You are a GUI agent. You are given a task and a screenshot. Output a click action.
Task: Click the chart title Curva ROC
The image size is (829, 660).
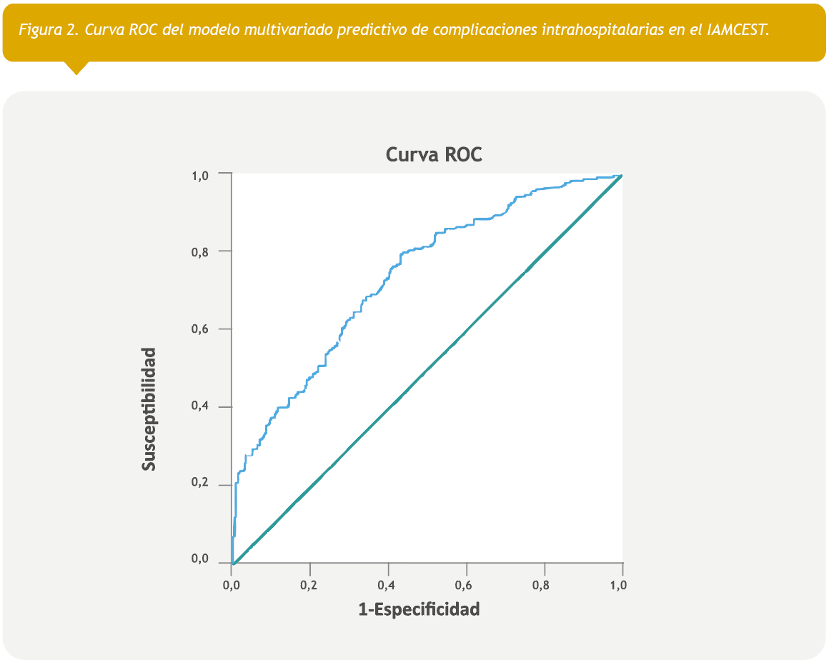point(434,154)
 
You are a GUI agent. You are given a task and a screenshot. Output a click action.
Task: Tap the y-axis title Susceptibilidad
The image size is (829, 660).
point(149,409)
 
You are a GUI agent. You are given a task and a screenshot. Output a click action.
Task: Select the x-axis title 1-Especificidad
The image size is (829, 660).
point(419,609)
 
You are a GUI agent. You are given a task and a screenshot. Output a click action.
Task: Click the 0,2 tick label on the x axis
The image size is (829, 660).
point(309,585)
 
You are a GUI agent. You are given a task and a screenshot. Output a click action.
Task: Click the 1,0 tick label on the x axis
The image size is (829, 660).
point(619,585)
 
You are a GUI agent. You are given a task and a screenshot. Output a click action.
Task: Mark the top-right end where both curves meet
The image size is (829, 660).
point(622,175)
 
